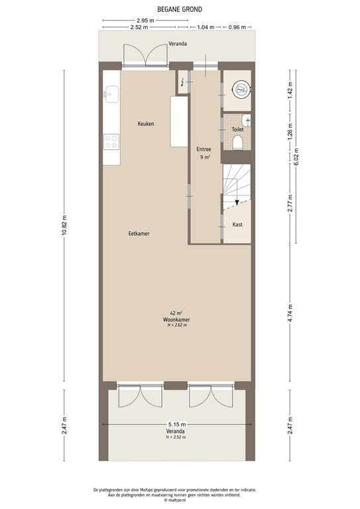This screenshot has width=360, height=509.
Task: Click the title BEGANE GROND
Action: (180, 10)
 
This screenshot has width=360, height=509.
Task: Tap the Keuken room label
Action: (146, 124)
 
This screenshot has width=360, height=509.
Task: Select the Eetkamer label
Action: (138, 233)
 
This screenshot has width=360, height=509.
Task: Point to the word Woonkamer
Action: (177, 319)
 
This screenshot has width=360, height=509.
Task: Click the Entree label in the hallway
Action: (204, 149)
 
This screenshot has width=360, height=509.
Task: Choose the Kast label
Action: (237, 225)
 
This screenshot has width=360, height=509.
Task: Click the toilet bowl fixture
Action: (238, 142)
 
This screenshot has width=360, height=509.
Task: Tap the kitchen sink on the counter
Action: (110, 94)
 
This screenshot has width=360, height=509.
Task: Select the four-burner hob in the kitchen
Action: (111, 141)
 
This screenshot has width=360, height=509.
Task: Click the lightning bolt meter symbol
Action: (184, 82)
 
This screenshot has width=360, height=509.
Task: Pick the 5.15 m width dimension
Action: (177, 424)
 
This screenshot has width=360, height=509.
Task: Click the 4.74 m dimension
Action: (290, 312)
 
